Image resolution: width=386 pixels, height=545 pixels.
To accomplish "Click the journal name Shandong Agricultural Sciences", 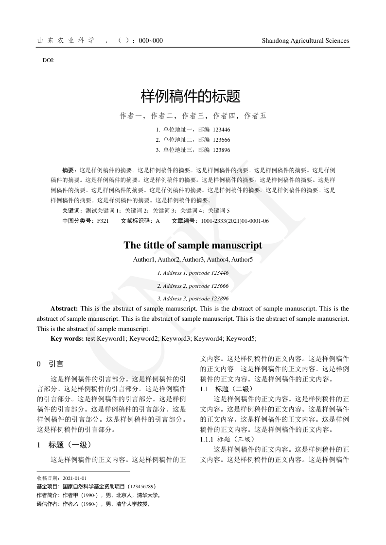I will pyautogui.click(x=305, y=41).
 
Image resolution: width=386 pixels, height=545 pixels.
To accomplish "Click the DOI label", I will pyautogui.click(x=49, y=61).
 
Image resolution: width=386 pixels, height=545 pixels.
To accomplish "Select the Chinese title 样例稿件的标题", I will pyautogui.click(x=191, y=96).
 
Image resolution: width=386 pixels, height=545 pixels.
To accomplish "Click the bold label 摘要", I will pyautogui.click(x=69, y=171).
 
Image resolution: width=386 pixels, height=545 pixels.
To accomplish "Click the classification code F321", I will pyautogui.click(x=103, y=221).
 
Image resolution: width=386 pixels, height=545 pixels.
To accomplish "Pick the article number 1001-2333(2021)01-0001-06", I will pyautogui.click(x=235, y=221).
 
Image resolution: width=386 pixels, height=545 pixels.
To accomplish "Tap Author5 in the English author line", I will pyautogui.click(x=242, y=260).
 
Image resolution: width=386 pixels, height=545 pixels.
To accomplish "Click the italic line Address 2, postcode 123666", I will pyautogui.click(x=193, y=286).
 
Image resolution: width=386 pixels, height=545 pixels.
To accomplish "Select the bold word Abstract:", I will pyautogui.click(x=64, y=309).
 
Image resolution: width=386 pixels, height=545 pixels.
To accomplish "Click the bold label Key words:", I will pyautogui.click(x=67, y=338).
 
